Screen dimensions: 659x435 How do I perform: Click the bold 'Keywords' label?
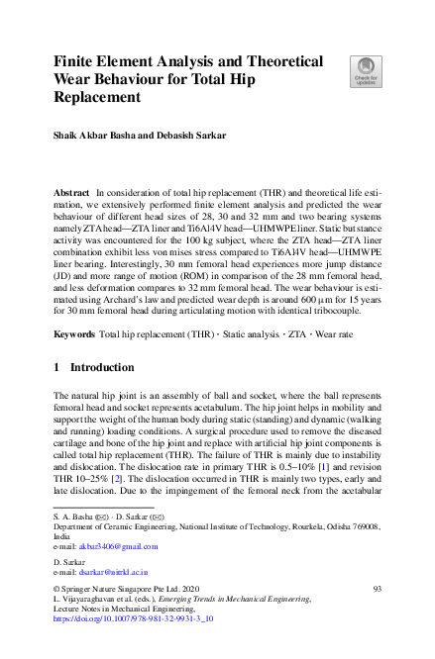pyautogui.click(x=74, y=335)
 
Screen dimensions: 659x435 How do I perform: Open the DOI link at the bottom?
pyautogui.click(x=131, y=617)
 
